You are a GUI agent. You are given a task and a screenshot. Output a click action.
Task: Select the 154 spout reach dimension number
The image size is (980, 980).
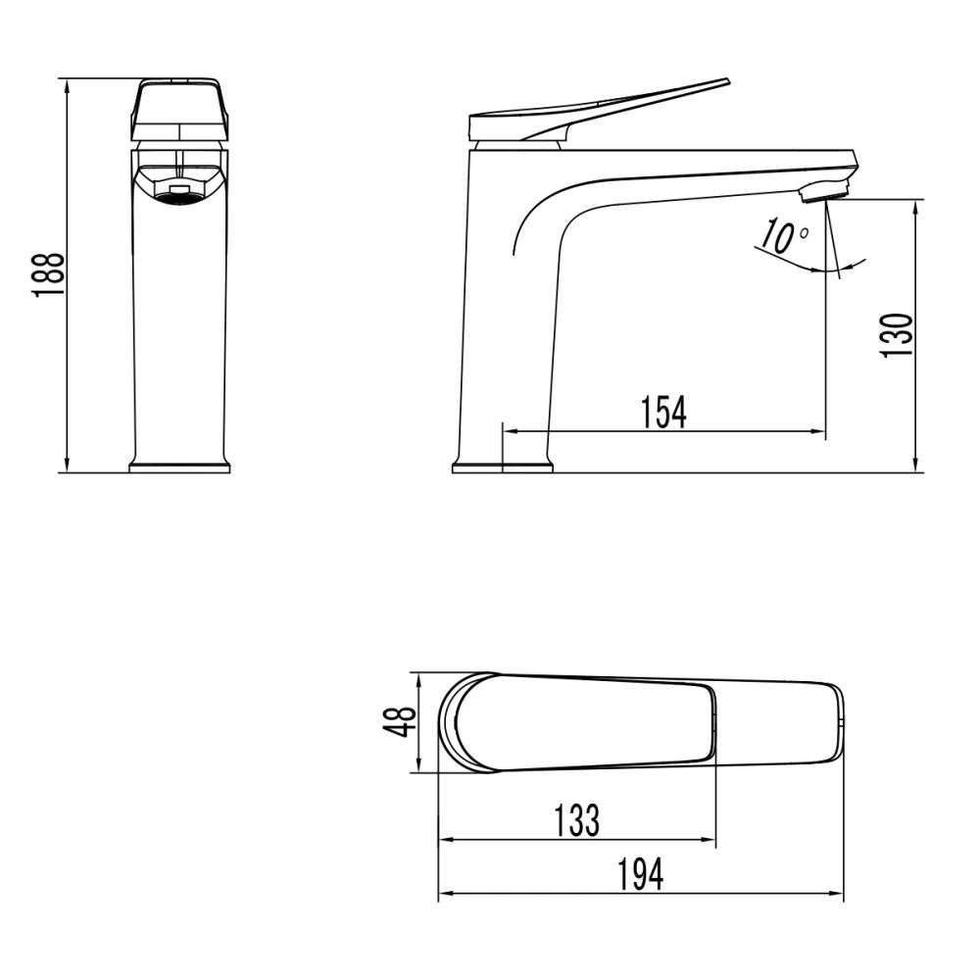coord(663,413)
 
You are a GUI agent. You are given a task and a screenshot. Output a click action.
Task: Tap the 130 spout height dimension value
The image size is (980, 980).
coord(897,335)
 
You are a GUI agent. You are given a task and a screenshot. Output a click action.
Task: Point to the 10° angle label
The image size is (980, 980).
coord(785,238)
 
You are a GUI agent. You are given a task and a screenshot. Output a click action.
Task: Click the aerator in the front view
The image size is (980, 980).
coord(179,193)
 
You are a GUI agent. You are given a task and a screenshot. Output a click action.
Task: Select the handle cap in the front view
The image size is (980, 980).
coord(179,109)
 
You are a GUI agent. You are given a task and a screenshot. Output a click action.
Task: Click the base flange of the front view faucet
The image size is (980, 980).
coord(179,466)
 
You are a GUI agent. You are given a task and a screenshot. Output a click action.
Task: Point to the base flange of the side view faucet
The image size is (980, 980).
coord(502,466)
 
